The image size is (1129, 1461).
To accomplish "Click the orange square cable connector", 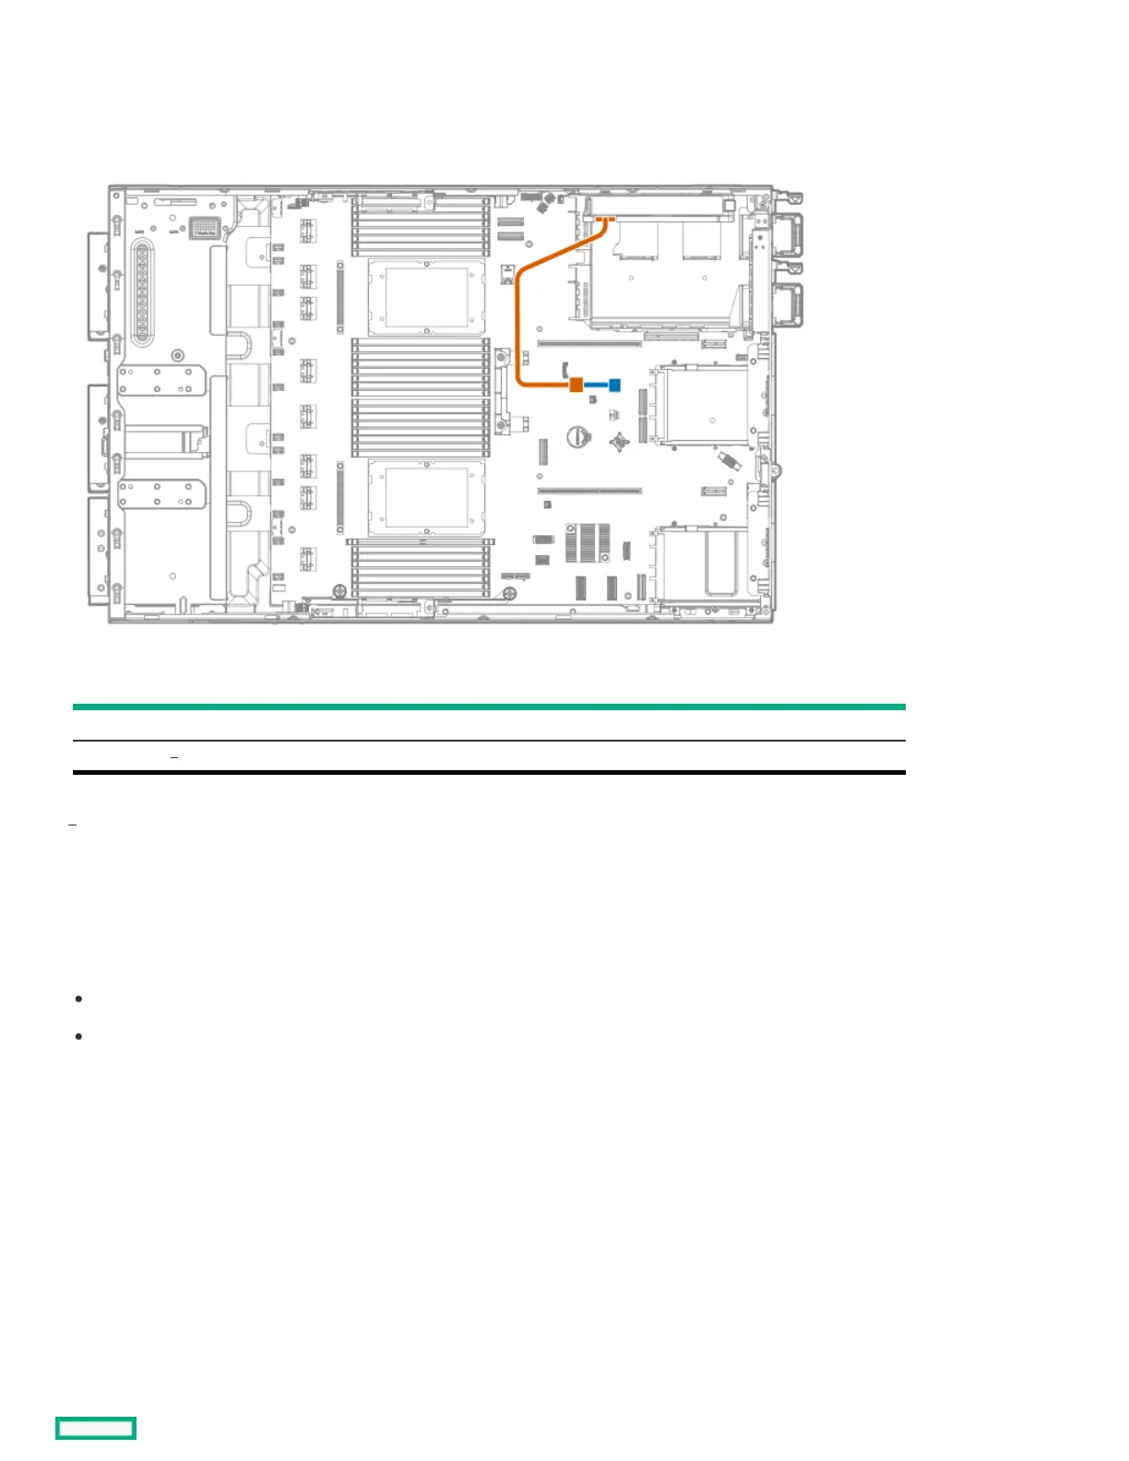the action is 576,385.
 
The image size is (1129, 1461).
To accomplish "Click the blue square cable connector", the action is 614,385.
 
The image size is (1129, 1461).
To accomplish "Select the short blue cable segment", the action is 596,385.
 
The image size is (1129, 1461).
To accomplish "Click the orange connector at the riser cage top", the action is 605,220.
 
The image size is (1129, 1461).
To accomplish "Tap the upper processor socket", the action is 426,297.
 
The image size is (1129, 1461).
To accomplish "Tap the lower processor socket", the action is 426,498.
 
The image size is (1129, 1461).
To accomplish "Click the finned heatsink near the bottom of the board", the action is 588,542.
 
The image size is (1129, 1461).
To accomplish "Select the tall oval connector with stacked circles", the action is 142,294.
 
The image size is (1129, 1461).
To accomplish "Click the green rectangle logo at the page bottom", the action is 96,1428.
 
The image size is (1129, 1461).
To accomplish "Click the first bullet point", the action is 78,1000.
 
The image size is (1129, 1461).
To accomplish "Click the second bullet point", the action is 78,1037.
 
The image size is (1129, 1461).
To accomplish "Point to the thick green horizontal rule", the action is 489,707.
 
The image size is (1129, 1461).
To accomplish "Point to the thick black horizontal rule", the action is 489,772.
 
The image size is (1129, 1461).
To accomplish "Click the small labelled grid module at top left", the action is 205,227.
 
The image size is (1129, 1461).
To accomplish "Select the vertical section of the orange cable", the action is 518,323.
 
